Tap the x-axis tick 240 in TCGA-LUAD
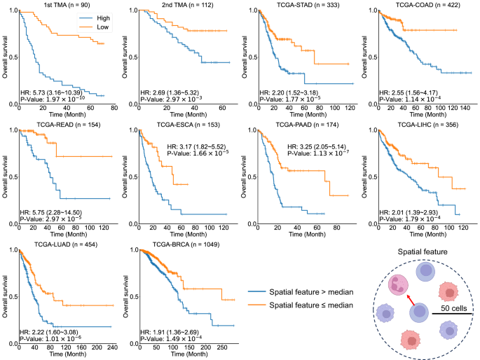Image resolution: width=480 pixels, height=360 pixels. pos(113,347)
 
